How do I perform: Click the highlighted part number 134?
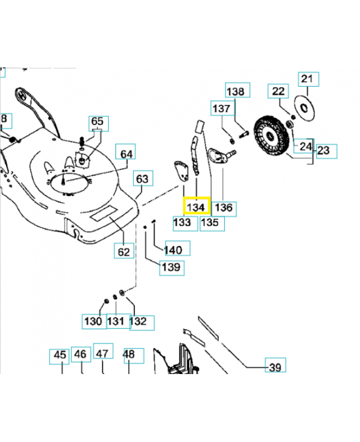click(x=196, y=207)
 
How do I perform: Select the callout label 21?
click(x=307, y=79)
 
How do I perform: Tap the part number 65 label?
click(x=97, y=122)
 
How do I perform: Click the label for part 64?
click(x=127, y=153)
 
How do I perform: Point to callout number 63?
click(x=142, y=178)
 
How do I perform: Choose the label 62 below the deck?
click(x=124, y=251)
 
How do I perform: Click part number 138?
click(x=236, y=91)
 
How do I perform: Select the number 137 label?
click(x=221, y=109)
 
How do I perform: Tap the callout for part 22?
click(x=279, y=91)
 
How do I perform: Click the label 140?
click(x=173, y=250)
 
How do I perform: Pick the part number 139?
click(x=172, y=268)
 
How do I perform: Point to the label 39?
click(x=274, y=366)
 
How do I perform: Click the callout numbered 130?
click(x=93, y=321)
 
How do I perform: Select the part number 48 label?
click(x=129, y=355)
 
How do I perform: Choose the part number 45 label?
click(x=60, y=355)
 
